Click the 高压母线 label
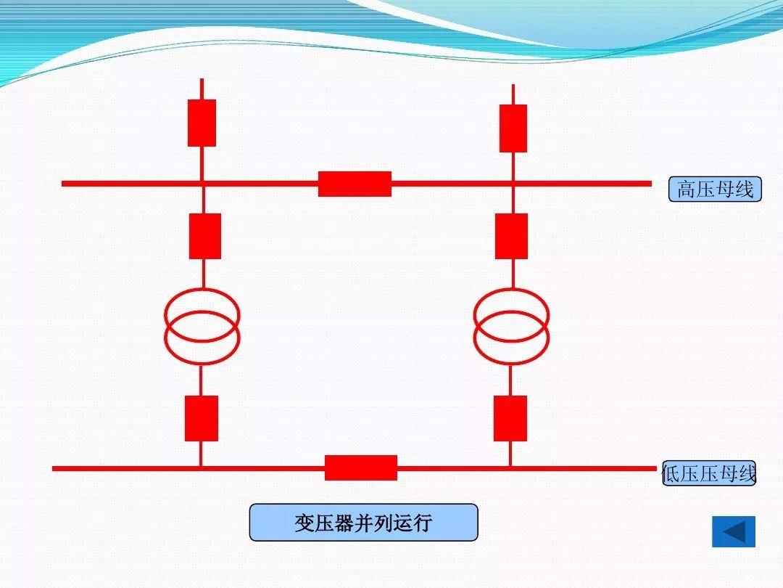point(715,189)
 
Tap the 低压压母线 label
point(709,474)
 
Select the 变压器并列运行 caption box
point(363,523)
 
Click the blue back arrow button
point(734,531)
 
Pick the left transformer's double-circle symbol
point(202,326)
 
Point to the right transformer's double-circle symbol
point(511,326)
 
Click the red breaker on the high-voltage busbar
point(355,184)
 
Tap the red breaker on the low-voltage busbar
point(360,467)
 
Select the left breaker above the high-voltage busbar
point(202,123)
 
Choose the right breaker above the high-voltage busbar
point(513,128)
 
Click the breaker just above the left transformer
point(204,236)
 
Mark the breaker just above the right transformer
point(511,236)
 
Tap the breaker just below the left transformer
point(201,418)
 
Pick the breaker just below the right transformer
point(510,418)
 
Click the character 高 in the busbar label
point(687,190)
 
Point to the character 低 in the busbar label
point(671,475)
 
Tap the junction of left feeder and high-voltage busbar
point(202,184)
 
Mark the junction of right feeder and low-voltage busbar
point(510,468)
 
